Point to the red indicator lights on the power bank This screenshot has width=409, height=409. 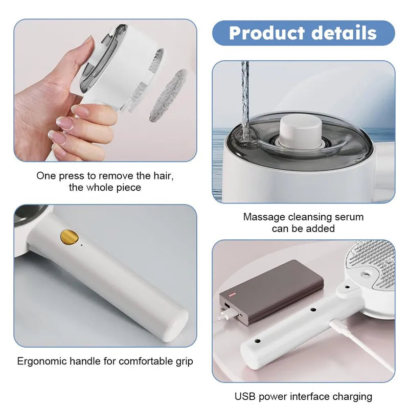pos(233,294)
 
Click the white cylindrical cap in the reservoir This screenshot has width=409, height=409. pos(300,130)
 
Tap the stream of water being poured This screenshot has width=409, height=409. pos(245,97)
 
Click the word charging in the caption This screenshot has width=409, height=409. pos(352,396)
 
